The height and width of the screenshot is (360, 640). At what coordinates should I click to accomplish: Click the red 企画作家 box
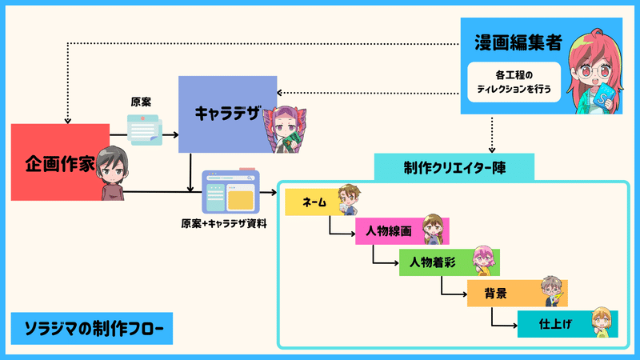(x=60, y=162)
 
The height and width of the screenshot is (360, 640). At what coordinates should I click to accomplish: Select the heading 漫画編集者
(x=518, y=42)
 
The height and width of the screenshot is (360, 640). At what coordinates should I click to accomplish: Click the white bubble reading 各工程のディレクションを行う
(x=514, y=82)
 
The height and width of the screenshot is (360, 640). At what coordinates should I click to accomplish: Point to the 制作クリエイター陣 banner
(x=454, y=167)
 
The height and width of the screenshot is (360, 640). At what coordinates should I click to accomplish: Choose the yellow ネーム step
(x=314, y=202)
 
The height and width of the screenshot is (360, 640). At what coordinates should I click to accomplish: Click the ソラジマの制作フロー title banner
(x=92, y=329)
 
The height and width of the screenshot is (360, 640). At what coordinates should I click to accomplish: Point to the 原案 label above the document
(x=141, y=102)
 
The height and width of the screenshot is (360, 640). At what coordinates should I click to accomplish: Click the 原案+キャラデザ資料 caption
(x=224, y=224)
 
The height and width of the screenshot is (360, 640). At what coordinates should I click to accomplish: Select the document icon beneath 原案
(x=145, y=130)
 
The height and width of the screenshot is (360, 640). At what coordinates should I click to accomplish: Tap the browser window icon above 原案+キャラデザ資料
(x=231, y=191)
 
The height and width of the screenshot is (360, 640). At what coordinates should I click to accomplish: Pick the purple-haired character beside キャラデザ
(x=286, y=130)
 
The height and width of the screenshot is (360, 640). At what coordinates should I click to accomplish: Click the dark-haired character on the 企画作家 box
(x=112, y=173)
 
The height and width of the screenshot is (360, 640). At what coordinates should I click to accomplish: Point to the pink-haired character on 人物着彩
(x=484, y=261)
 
